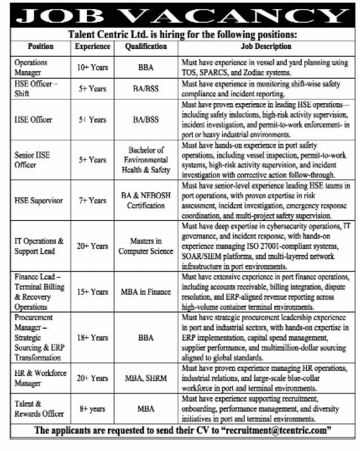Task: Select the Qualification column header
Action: coord(146,47)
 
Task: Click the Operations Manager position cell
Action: coord(32,67)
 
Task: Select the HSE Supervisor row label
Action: coord(38,200)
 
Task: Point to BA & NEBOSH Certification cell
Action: coord(146,200)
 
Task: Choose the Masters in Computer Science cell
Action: coord(146,246)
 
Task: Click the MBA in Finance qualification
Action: coord(146,292)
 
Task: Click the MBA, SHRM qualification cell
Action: coord(146,378)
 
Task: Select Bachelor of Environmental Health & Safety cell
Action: coord(146,160)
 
